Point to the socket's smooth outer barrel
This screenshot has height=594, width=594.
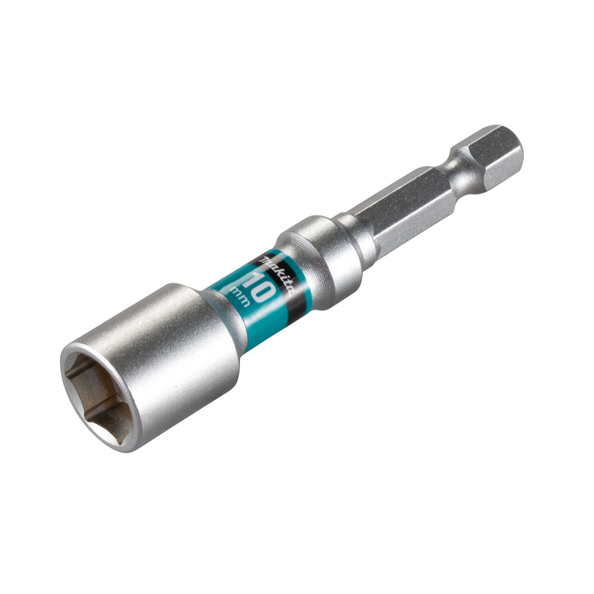tap(178, 350)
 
